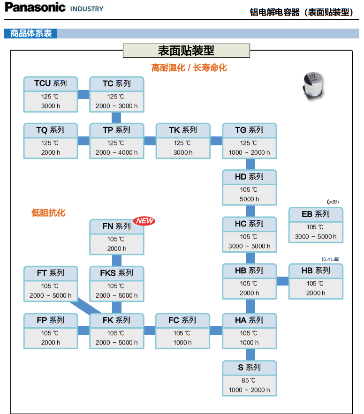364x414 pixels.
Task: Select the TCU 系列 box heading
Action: tap(51, 83)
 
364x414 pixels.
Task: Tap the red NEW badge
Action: tap(144, 221)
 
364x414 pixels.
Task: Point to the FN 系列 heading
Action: tap(117, 226)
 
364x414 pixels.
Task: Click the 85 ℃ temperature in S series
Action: tap(249, 380)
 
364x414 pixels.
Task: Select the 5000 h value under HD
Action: tap(249, 199)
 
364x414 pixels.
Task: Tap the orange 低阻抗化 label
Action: tap(48, 213)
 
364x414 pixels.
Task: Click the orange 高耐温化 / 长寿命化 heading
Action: tap(189, 68)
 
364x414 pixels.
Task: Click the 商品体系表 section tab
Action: tap(30, 34)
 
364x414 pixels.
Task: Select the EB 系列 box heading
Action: tap(316, 214)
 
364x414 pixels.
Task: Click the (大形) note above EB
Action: tap(333, 202)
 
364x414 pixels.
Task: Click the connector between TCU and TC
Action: tap(83, 94)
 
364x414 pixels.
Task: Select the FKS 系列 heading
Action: tap(117, 273)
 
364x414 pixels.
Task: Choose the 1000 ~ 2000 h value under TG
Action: tap(249, 152)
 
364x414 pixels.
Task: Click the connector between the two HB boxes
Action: tap(282, 281)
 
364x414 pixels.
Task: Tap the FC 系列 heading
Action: tap(182, 320)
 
